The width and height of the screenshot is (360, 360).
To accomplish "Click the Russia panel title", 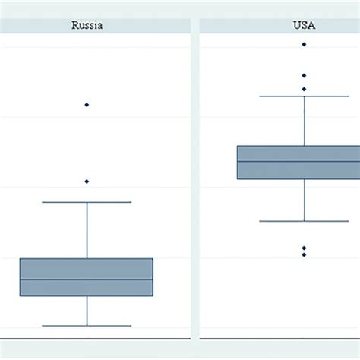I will click(x=87, y=25).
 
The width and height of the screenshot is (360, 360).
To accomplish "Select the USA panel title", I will click(x=304, y=25).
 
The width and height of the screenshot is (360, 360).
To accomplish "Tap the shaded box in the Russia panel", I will click(x=87, y=269).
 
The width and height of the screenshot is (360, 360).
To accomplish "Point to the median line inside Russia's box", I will click(x=87, y=279).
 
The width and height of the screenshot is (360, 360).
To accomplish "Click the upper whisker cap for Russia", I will click(x=87, y=202).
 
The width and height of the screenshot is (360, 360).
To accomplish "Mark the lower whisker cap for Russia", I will click(x=87, y=326).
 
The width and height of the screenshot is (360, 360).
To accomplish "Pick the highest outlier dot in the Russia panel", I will click(x=87, y=104).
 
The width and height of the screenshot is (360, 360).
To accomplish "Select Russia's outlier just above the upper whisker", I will click(x=87, y=182).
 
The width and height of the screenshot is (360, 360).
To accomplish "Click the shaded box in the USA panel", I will click(x=304, y=153).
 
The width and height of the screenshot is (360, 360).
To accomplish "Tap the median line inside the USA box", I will click(x=304, y=161).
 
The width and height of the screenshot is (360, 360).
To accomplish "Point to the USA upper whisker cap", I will click(x=304, y=96).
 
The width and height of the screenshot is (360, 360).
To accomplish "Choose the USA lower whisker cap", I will click(x=304, y=221).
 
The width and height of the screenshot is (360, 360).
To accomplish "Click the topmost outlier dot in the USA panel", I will click(x=304, y=44).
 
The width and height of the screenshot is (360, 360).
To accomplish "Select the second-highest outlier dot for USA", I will click(x=304, y=75).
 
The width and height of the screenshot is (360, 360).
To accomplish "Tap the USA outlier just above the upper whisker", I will click(x=304, y=89).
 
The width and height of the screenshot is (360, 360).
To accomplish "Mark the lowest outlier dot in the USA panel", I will click(x=304, y=254).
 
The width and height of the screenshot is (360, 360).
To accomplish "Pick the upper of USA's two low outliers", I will click(x=304, y=248).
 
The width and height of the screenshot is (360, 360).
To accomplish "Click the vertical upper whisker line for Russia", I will click(x=87, y=230).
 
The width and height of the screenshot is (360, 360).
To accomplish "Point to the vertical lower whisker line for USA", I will click(x=304, y=201).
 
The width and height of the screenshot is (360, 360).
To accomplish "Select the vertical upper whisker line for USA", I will click(x=304, y=122).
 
